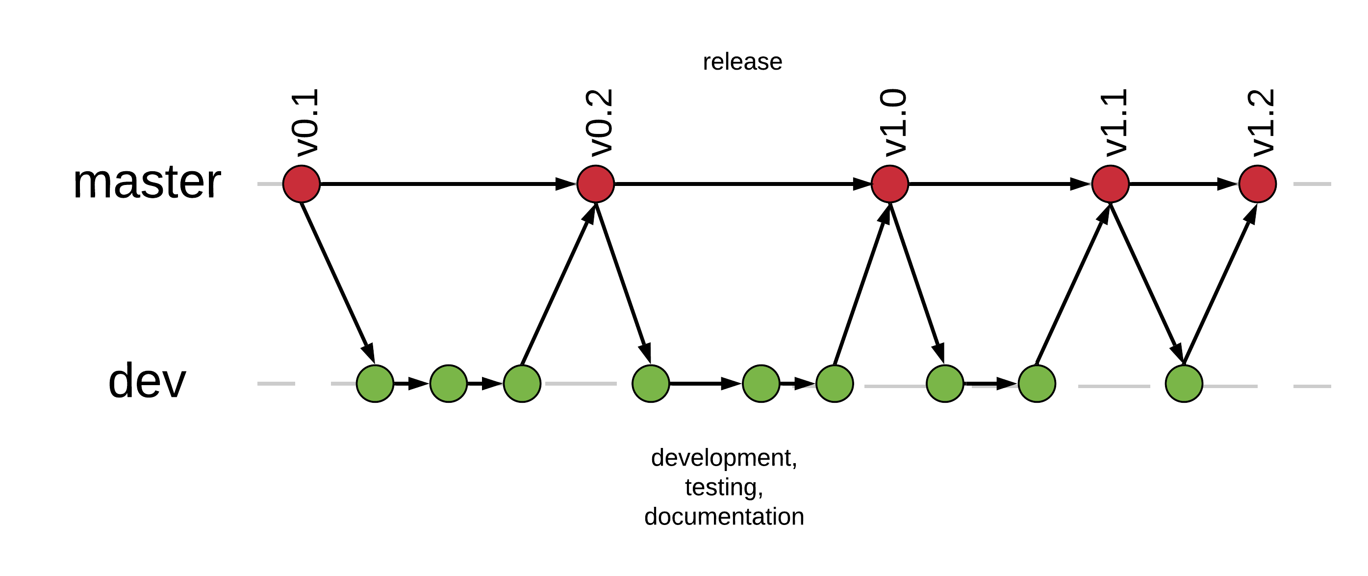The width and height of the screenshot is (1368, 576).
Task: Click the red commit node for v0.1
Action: point(302,184)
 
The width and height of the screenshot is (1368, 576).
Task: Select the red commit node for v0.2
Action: point(596,184)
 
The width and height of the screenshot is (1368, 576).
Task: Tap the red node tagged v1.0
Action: point(890,184)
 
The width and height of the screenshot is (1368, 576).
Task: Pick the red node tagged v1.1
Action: point(1111,184)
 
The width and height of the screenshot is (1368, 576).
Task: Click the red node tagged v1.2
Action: point(1258,184)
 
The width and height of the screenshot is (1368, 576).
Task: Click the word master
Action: point(147,182)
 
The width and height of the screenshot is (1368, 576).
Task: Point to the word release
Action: point(742,62)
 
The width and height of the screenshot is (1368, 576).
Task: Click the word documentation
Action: point(724,517)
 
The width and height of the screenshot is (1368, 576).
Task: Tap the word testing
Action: point(724,487)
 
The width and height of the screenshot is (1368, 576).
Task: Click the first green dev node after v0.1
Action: point(375,384)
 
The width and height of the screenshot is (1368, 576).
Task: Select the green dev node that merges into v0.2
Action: point(522,384)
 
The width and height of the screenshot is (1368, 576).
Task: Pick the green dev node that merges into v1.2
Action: point(1184,384)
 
